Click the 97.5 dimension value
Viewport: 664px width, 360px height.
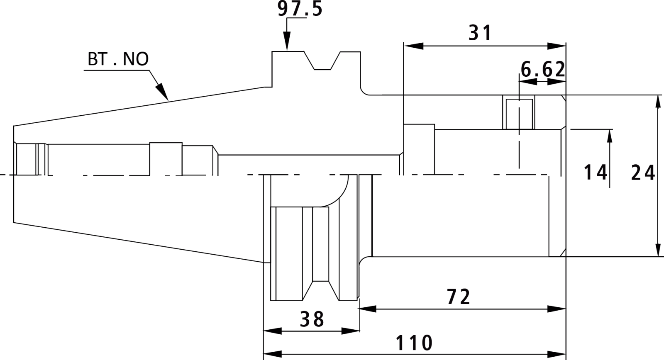click(300, 9)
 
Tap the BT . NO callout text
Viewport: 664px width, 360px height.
click(118, 59)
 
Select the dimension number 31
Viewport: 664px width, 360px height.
click(480, 33)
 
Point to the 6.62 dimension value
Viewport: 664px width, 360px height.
click(543, 70)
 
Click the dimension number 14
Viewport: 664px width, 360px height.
click(595, 173)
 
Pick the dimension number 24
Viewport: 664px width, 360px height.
click(643, 173)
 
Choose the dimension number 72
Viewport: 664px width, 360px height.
click(458, 297)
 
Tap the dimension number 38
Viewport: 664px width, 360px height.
click(312, 319)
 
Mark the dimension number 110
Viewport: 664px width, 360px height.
click(414, 343)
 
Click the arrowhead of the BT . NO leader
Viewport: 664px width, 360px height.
click(163, 93)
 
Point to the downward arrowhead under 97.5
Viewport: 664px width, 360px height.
click(287, 41)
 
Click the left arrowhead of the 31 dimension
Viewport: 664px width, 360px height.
click(413, 46)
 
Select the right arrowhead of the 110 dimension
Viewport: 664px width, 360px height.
click(557, 354)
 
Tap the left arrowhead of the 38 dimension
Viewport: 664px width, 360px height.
click(273, 331)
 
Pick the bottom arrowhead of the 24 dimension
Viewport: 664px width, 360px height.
click(658, 247)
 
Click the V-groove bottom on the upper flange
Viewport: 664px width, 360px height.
click(322, 70)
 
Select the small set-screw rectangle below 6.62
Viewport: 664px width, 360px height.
click(519, 114)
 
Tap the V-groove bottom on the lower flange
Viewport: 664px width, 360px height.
click(321, 281)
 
